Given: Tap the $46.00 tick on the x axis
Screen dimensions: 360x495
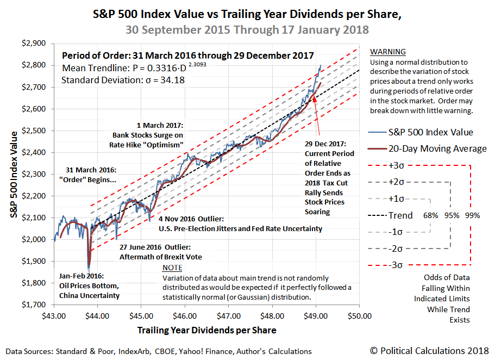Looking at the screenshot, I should pyautogui.click(x=185, y=315).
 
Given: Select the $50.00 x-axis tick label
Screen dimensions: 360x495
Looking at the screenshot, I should pyautogui.click(x=359, y=315).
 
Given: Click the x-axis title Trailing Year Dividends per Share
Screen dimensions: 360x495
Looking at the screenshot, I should pyautogui.click(x=206, y=330).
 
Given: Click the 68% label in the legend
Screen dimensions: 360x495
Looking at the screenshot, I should pyautogui.click(x=431, y=215).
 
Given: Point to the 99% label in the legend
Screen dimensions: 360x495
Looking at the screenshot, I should pyautogui.click(x=472, y=215).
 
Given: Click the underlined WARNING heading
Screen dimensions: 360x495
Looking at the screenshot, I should pyautogui.click(x=387, y=52).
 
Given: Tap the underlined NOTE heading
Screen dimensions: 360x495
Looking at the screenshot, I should pyautogui.click(x=172, y=268).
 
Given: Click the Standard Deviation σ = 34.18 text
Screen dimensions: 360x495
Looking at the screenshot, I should pyautogui.click(x=123, y=80).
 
